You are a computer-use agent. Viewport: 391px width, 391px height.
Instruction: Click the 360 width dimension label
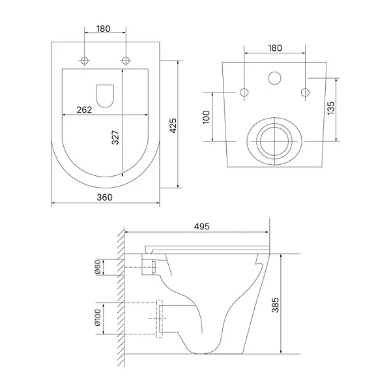point(104,197)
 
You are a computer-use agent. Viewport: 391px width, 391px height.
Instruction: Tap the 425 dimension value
point(173,126)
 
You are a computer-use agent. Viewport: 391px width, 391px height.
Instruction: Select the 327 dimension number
point(115,138)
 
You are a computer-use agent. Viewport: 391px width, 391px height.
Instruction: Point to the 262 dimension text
point(84,109)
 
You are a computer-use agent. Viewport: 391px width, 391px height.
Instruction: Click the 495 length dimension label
point(202,226)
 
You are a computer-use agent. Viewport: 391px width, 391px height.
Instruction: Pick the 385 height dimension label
point(275,305)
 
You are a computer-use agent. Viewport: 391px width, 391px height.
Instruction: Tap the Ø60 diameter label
point(98,267)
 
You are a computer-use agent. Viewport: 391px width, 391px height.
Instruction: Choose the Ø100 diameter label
point(98,317)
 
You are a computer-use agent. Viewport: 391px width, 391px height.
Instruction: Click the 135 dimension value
point(330,108)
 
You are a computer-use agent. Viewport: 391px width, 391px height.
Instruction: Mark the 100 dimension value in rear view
point(207,117)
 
